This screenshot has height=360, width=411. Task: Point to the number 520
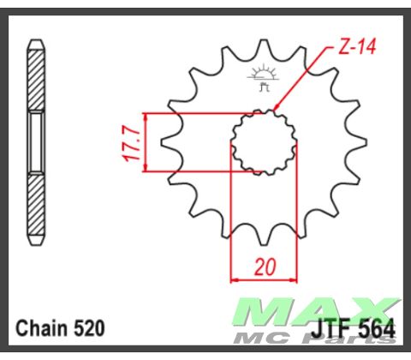pos(89,327)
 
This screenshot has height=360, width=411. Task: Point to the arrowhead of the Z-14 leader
pos(276,109)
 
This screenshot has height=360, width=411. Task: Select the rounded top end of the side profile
pos(36,44)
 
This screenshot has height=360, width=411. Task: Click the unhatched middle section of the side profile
pos(36,141)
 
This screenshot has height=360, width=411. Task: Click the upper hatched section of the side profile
pos(36,81)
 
